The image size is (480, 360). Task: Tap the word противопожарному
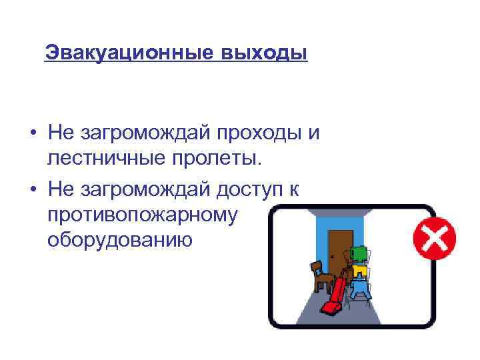point(143,215)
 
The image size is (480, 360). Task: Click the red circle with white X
point(434,238)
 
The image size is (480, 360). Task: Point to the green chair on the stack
point(358,254)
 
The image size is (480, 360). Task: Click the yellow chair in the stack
point(359,271)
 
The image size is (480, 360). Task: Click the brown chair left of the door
point(323,275)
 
